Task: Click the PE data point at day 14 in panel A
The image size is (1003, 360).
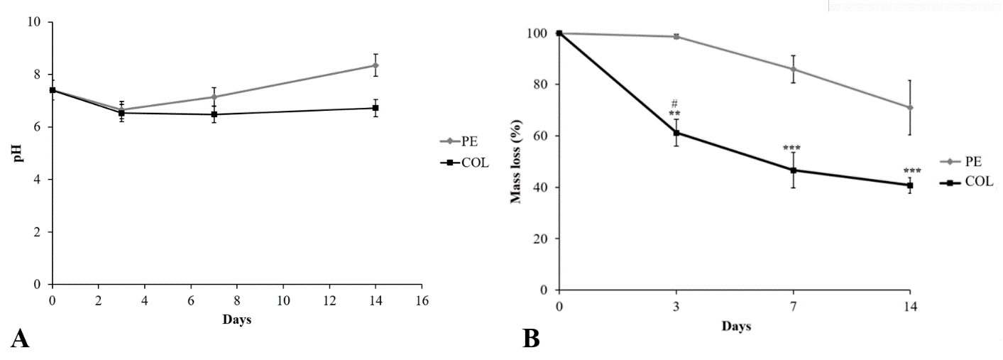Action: pos(376,65)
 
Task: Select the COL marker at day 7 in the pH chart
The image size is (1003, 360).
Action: pos(214,114)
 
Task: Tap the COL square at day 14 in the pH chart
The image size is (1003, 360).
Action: pos(376,108)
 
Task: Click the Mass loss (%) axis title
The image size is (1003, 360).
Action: pos(516,161)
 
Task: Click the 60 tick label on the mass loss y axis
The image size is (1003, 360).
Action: pos(539,136)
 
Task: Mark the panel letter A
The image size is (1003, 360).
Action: pos(21,339)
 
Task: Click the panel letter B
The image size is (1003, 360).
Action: pos(531,339)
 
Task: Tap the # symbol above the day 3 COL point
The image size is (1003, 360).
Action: pos(675,104)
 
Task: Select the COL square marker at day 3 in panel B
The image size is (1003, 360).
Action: pos(676,133)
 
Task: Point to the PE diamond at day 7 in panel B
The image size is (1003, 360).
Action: pos(793,69)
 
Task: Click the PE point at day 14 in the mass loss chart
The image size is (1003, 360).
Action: pos(909,108)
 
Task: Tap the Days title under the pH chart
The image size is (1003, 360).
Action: pos(236,320)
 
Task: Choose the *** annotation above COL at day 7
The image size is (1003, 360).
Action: pos(791,148)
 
